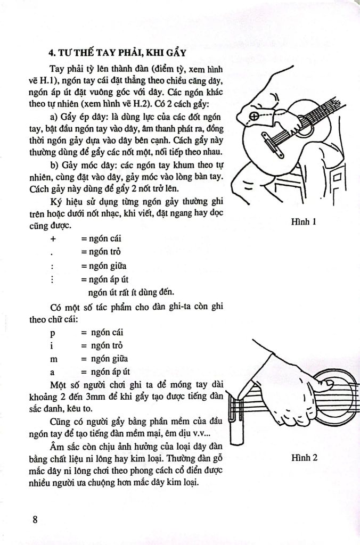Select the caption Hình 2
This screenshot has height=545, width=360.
click(x=304, y=457)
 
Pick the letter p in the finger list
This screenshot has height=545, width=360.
click(x=52, y=333)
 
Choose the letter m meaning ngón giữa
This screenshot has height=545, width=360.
click(x=53, y=359)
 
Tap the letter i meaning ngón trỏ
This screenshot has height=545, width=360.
click(x=52, y=346)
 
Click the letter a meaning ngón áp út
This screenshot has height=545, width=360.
click(x=52, y=371)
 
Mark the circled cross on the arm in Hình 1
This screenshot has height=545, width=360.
click(x=255, y=115)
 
